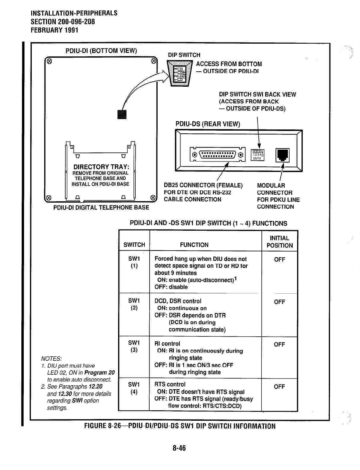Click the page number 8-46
click(179, 448)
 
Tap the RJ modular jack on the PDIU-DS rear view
click(282, 155)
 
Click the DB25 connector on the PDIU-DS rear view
click(218, 155)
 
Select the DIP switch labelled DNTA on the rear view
click(257, 155)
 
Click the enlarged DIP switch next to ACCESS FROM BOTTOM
click(180, 73)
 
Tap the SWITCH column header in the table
click(134, 245)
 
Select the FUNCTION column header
click(194, 245)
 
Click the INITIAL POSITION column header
click(280, 242)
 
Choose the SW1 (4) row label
click(134, 388)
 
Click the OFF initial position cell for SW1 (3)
click(280, 345)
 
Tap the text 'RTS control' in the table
click(170, 385)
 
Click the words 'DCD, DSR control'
click(178, 301)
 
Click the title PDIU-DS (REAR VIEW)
click(208, 124)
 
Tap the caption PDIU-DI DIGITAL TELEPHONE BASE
click(101, 207)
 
